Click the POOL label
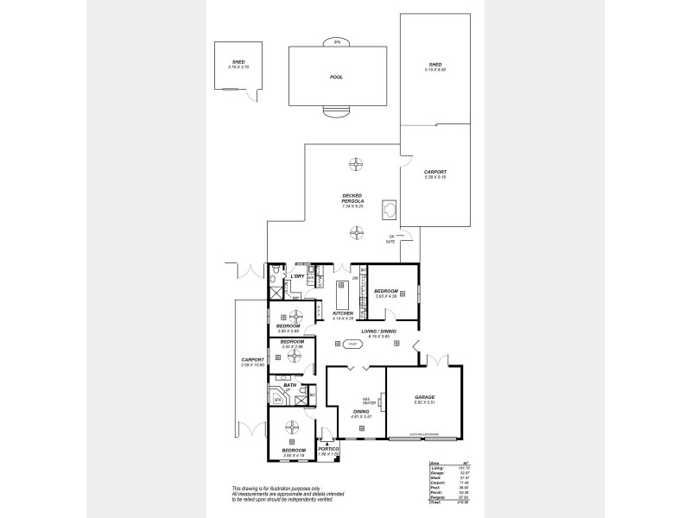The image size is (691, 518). coord(336,77)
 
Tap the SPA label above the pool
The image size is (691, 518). coord(336,41)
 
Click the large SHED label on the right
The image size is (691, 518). coord(434,64)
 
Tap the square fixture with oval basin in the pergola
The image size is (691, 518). coord(390,208)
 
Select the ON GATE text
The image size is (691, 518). coord(390,239)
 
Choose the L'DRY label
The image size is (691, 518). coord(296,275)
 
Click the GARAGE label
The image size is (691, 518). coord(424,397)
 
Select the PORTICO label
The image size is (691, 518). coord(327,448)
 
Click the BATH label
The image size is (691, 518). coord(290,385)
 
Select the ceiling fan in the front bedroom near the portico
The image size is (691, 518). coord(293,426)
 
